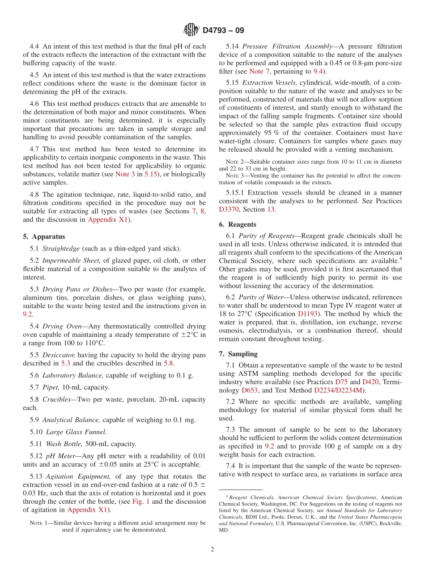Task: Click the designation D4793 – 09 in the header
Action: click(x=223, y=30)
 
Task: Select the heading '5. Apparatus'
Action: click(x=43, y=237)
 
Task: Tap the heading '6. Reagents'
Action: click(x=238, y=224)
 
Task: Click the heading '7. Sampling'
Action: click(x=238, y=353)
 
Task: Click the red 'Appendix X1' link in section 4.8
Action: click(x=107, y=219)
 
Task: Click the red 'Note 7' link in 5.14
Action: click(x=256, y=71)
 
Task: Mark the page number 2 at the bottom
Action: click(x=212, y=550)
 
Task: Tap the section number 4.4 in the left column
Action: click(x=35, y=46)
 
